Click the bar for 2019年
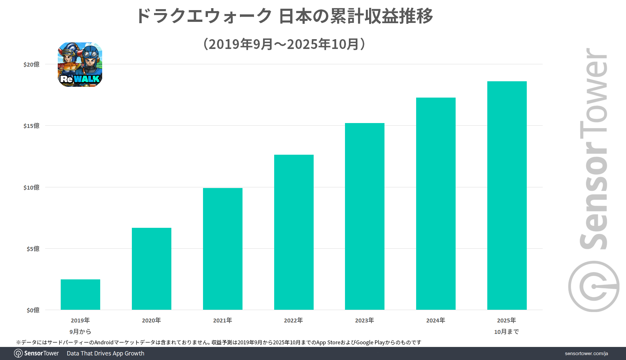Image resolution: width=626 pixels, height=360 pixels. (x=80, y=294)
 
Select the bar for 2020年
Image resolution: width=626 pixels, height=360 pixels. (x=151, y=269)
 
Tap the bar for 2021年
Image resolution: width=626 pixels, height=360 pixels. (x=223, y=249)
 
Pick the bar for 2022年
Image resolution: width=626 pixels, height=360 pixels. (x=294, y=232)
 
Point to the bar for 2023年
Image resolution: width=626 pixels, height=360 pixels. (x=365, y=216)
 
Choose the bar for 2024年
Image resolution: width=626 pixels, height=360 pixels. (x=436, y=204)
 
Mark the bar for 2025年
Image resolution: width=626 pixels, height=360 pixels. (x=507, y=196)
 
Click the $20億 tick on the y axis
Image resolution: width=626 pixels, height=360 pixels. (x=31, y=64)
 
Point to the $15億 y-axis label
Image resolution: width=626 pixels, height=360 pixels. (x=31, y=126)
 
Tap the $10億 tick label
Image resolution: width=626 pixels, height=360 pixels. (x=31, y=187)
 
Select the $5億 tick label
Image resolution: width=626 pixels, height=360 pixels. (x=33, y=249)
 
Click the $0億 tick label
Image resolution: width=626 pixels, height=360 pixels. (x=33, y=310)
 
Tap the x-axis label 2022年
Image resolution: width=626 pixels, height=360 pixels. (x=293, y=321)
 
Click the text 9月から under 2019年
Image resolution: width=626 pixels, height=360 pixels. (x=80, y=332)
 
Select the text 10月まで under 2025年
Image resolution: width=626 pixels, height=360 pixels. (x=507, y=332)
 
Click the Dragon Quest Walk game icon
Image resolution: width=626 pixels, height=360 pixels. (x=80, y=64)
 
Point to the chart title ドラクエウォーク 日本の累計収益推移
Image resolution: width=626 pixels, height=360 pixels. (x=284, y=16)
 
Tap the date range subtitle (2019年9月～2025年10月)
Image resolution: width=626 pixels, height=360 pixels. (x=284, y=44)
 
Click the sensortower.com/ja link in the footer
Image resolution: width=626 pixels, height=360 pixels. (x=586, y=353)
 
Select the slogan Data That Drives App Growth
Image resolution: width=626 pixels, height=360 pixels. (x=105, y=353)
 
